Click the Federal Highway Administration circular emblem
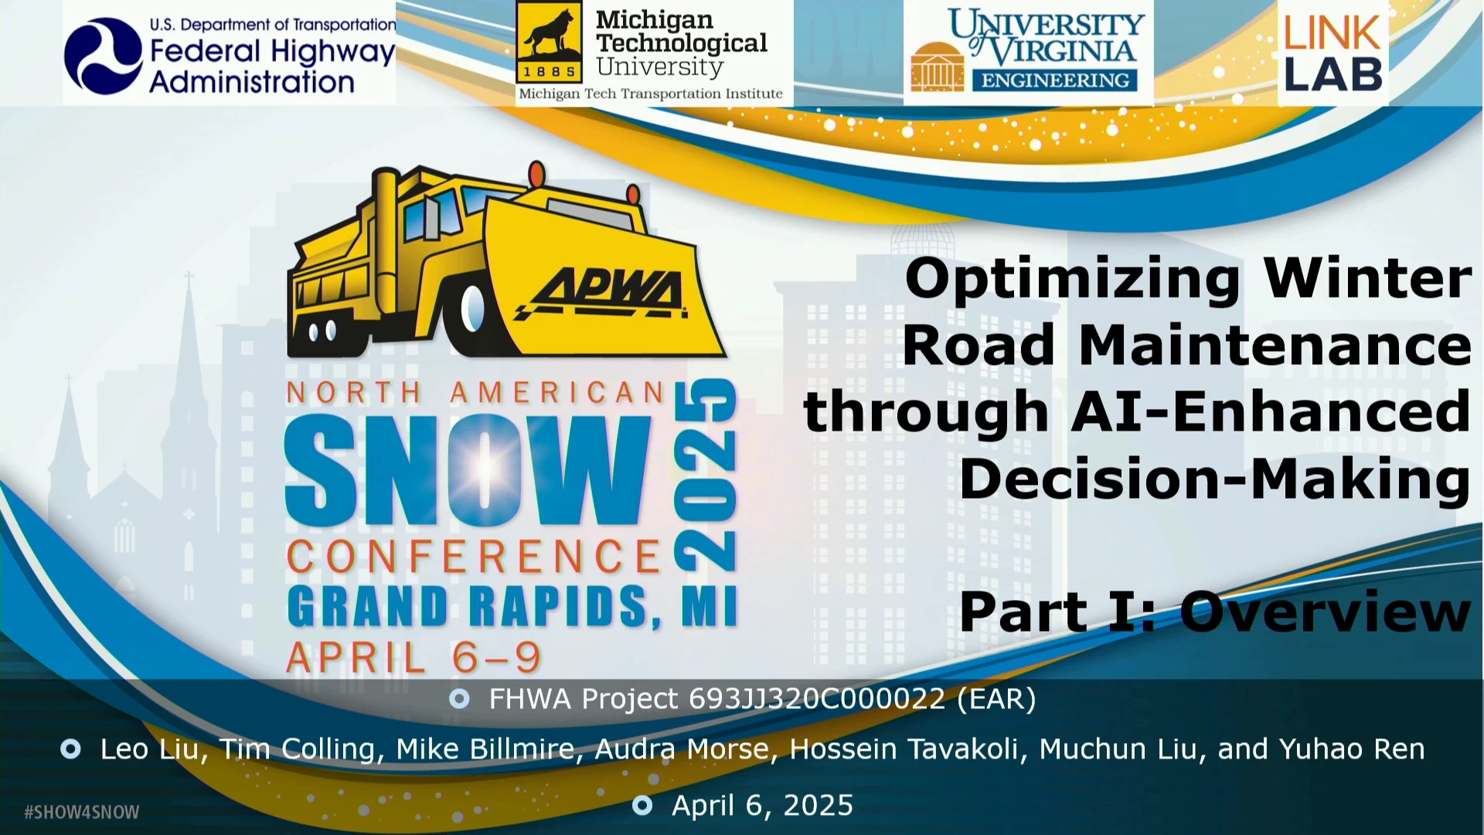[104, 56]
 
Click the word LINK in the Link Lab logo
[1333, 32]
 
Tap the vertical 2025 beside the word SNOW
[706, 475]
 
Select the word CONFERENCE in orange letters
[474, 557]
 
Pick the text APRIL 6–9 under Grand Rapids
[414, 658]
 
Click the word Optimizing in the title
[1073, 279]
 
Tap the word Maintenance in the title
[1275, 345]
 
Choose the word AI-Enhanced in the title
[1271, 411]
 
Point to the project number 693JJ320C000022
[817, 699]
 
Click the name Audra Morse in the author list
[682, 749]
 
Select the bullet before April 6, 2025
[642, 806]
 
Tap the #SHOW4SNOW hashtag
[82, 812]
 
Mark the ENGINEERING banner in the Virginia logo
[1055, 80]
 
